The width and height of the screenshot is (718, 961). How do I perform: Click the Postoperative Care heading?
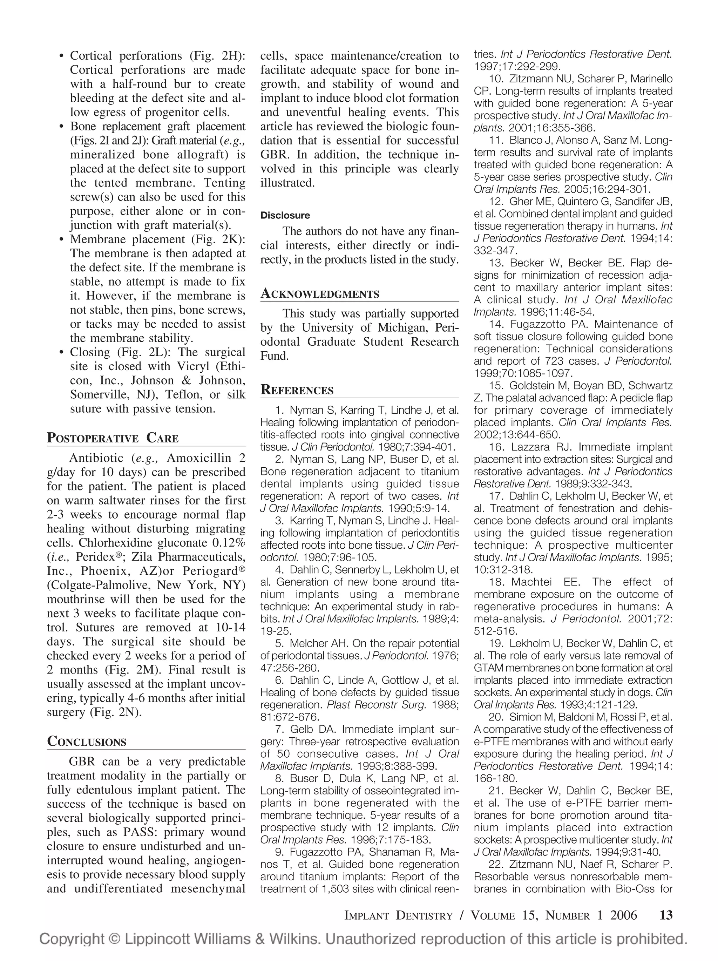click(113, 438)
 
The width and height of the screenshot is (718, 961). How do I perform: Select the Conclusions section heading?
click(87, 741)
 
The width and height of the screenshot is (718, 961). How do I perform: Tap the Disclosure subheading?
click(285, 216)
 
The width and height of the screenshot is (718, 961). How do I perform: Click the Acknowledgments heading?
click(320, 294)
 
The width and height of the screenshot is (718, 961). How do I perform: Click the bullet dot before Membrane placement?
click(61, 240)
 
